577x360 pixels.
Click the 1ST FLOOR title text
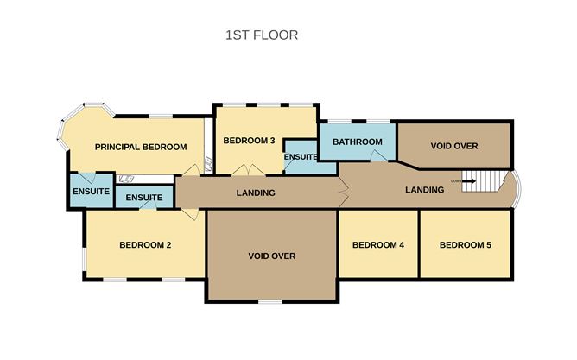point(261,35)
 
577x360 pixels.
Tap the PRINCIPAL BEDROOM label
point(141,147)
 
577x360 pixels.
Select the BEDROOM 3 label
point(249,141)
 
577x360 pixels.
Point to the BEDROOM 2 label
point(145,245)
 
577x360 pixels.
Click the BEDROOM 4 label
point(378,245)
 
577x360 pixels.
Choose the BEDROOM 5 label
point(465,245)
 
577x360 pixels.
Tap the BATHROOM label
point(358,142)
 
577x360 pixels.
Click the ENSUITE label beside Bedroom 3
point(301,156)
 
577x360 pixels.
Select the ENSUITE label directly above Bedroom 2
point(144,198)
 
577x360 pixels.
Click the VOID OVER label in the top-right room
point(453,145)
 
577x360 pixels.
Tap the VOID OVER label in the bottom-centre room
point(271,256)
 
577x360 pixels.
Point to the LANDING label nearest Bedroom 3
point(256,193)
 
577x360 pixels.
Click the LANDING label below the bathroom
point(425,190)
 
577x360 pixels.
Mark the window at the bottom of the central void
point(269,302)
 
